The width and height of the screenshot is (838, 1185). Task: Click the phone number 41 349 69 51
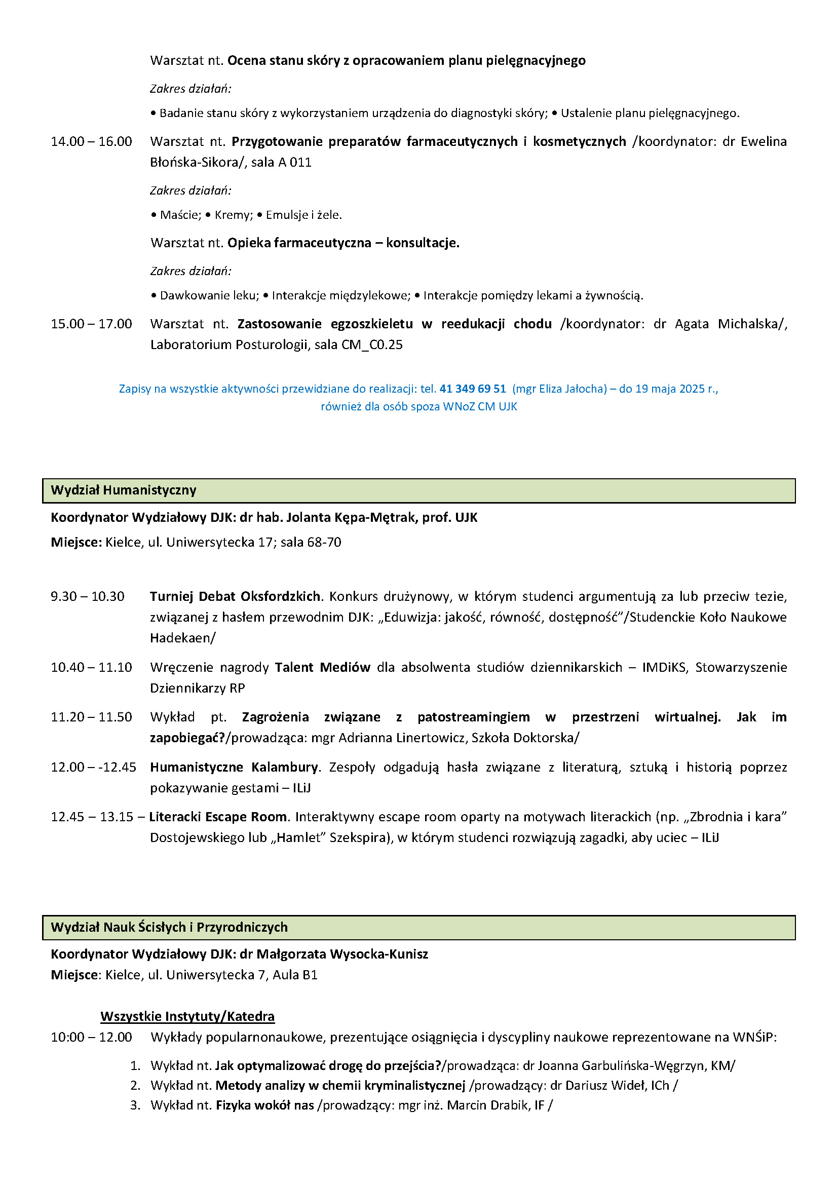tap(472, 389)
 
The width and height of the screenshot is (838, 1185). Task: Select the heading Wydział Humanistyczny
tap(123, 490)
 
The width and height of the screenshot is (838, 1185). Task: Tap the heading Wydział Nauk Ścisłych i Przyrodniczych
tap(169, 927)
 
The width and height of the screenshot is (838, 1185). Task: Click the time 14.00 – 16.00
tap(91, 141)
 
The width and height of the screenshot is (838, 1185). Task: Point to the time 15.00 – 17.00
tap(91, 324)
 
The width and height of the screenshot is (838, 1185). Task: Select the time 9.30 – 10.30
tap(88, 596)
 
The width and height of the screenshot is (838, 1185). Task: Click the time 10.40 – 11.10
tap(91, 667)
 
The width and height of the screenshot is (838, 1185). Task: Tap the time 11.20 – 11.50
tap(91, 717)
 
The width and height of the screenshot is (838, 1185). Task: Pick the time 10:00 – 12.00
tap(91, 1037)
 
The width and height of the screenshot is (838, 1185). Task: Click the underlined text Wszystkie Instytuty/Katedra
tap(187, 1016)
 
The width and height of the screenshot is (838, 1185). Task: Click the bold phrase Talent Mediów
tap(323, 667)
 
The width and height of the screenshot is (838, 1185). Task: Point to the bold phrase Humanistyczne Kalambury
tap(234, 767)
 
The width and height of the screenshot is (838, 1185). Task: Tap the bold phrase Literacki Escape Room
tap(218, 817)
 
